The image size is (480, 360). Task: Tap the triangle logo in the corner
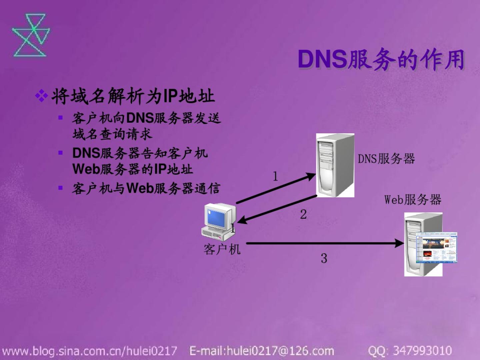(31, 35)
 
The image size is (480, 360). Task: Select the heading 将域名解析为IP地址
(133, 96)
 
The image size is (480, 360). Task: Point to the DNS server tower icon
(335, 165)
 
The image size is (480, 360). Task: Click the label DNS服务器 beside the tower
(386, 159)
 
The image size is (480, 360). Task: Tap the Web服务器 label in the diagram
(413, 200)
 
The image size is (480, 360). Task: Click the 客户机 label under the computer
(222, 249)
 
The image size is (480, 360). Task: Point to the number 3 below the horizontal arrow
(324, 258)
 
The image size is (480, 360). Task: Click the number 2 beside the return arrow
(303, 214)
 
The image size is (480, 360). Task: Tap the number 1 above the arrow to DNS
(275, 176)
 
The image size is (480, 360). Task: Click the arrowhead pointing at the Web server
(399, 243)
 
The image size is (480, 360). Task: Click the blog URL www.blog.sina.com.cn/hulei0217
(90, 351)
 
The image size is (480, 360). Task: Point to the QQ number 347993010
(422, 351)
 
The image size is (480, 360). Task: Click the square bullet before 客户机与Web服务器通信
(60, 188)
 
